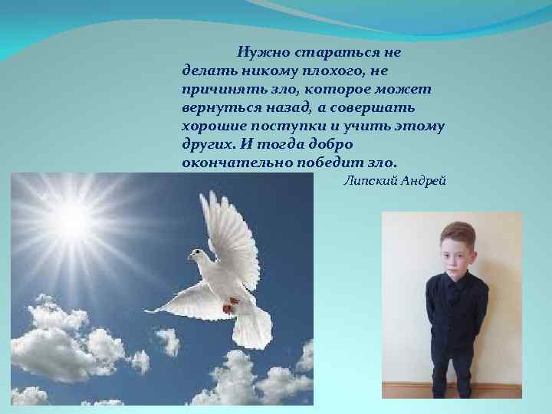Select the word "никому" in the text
tap(263, 71)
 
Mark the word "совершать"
tap(405, 108)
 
